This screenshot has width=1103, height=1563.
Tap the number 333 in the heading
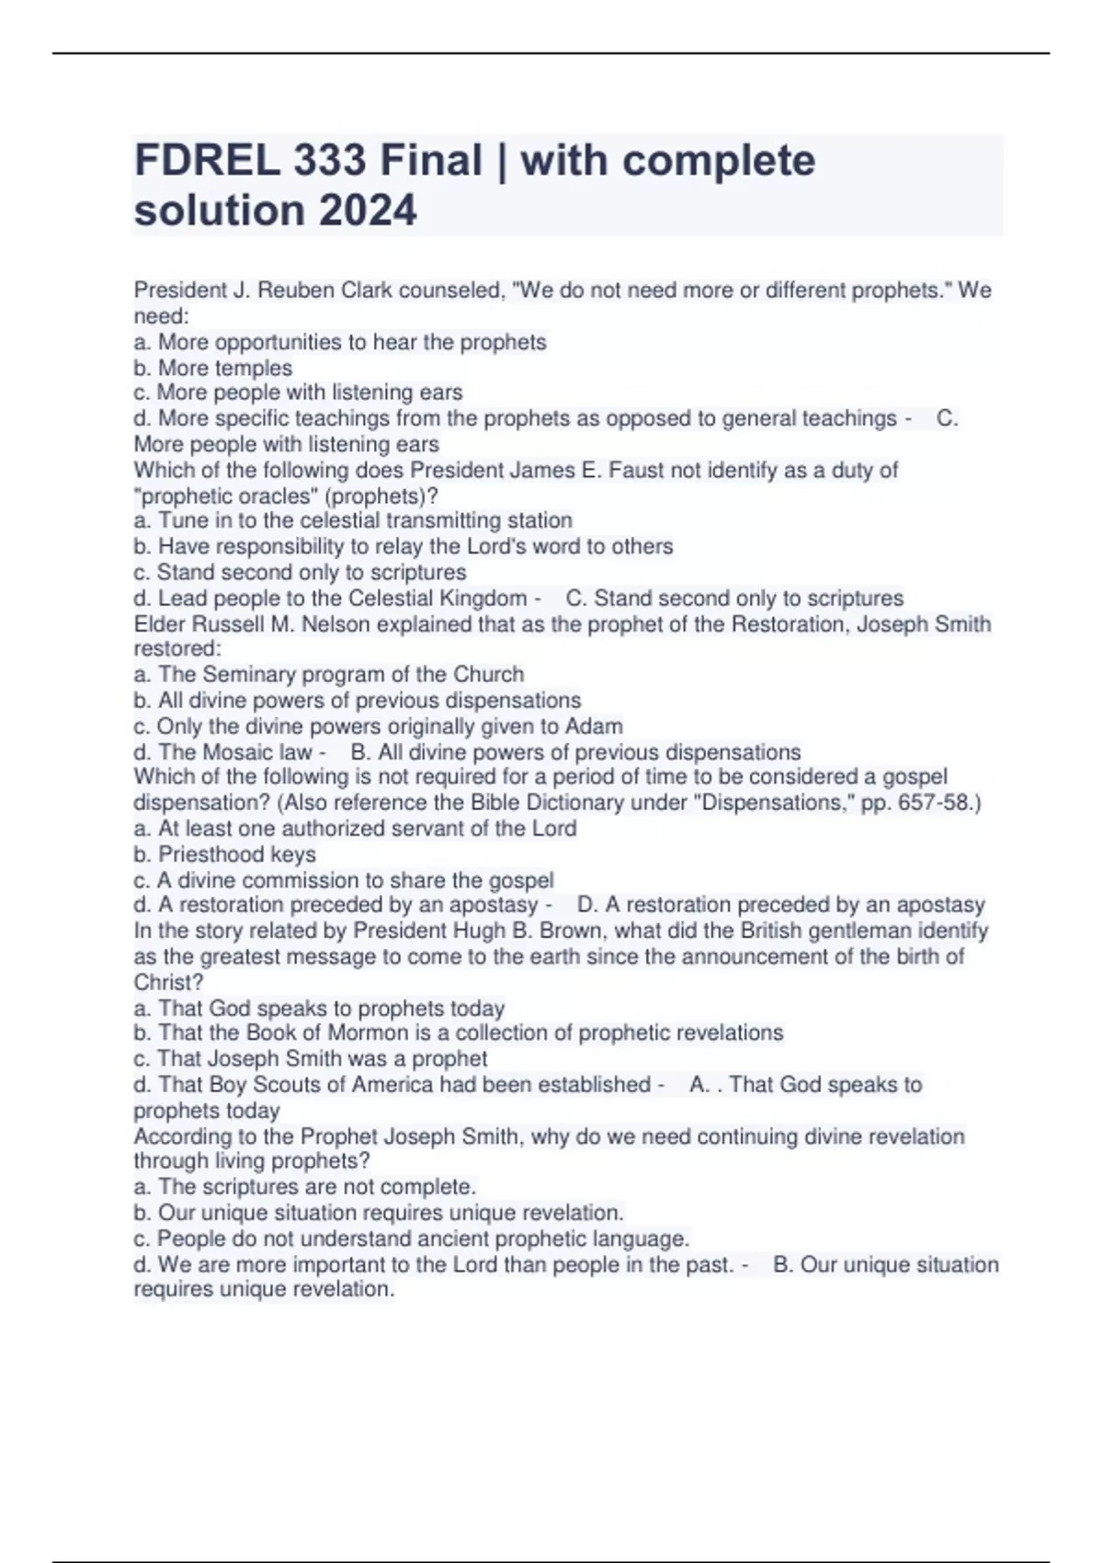[x=332, y=161]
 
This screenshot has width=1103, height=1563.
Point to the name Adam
[x=594, y=725]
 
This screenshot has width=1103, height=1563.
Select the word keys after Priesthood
[x=292, y=854]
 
